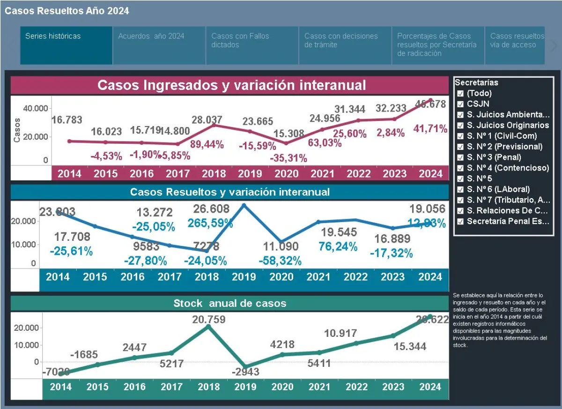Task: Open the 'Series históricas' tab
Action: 53,36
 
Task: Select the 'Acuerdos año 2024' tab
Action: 151,36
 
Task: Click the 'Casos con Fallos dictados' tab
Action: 240,40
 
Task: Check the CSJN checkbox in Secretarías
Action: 460,104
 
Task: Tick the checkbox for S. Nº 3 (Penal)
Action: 460,157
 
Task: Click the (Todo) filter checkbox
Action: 460,93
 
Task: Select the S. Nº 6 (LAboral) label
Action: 498,189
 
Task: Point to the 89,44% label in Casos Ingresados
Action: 207,144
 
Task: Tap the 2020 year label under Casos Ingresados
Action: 286,173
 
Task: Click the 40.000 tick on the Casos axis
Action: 36,108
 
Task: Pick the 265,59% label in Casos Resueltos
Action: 210,223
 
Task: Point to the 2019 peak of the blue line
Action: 244,205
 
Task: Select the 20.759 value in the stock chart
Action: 209,320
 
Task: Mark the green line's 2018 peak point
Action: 208,327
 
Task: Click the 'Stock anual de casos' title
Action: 229,303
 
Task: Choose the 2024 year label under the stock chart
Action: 430,387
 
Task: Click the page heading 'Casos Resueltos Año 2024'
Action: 67,11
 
